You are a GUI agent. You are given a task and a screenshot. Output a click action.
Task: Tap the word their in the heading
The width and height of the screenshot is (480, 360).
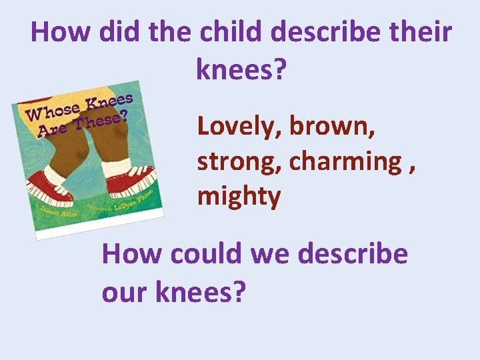[421, 32]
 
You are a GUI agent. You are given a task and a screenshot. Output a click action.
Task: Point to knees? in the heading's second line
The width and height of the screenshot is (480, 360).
[240, 68]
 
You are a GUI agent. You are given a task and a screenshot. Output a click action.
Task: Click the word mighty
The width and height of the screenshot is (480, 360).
[239, 197]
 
